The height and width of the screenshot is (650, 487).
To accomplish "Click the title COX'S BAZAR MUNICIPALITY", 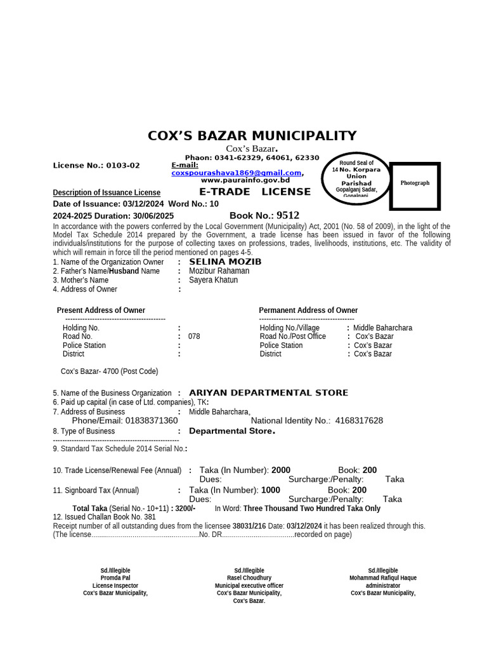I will point(252,136).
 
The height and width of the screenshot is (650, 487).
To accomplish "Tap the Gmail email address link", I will point(237,173).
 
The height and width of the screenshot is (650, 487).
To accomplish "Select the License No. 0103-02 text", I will point(96,166).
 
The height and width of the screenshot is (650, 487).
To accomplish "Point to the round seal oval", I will point(356,179).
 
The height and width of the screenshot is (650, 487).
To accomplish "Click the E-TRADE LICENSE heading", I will point(255,192).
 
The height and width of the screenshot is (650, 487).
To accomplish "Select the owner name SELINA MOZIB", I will point(225,262).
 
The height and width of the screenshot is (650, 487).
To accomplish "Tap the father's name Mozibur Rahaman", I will point(219,271).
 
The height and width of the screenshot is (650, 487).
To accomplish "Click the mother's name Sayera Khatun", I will point(213,280).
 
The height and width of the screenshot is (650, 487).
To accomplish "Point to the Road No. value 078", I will point(194,336).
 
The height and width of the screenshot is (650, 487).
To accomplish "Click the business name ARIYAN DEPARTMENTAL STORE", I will point(268,393).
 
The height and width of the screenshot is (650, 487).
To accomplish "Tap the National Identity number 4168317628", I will point(359,421).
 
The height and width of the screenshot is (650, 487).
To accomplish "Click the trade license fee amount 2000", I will point(281,470).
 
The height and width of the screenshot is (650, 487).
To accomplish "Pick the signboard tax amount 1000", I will point(271,490).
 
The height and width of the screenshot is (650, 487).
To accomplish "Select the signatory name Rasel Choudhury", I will point(249,578).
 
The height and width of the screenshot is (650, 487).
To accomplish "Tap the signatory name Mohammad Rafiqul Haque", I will point(383,578).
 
